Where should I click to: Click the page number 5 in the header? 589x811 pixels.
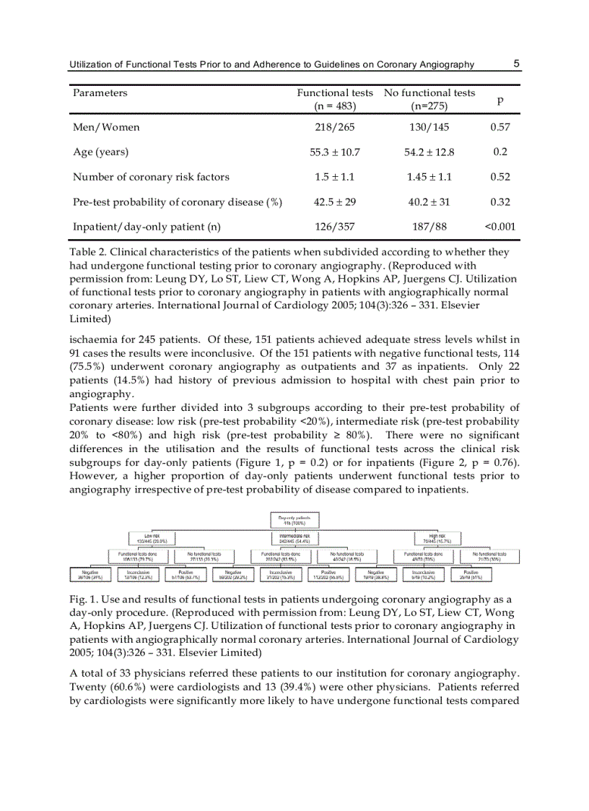[x=517, y=64]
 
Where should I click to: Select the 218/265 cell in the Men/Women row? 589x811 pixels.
[x=335, y=127]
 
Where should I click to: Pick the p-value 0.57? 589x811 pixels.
[x=500, y=127]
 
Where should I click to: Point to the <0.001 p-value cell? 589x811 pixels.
[x=500, y=227]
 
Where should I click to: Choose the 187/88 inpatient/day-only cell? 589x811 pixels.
[x=429, y=227]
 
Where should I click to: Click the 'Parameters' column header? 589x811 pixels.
[x=100, y=92]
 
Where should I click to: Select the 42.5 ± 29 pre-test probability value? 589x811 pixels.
[x=335, y=202]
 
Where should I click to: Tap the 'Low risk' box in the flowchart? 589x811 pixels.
[x=147, y=538]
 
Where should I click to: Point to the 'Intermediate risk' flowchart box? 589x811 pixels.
[x=294, y=538]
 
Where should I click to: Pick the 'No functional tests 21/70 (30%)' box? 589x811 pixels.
[x=495, y=557]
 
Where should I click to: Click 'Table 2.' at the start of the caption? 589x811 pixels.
[x=89, y=253]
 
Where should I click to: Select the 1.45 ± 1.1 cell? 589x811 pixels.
[x=429, y=177]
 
